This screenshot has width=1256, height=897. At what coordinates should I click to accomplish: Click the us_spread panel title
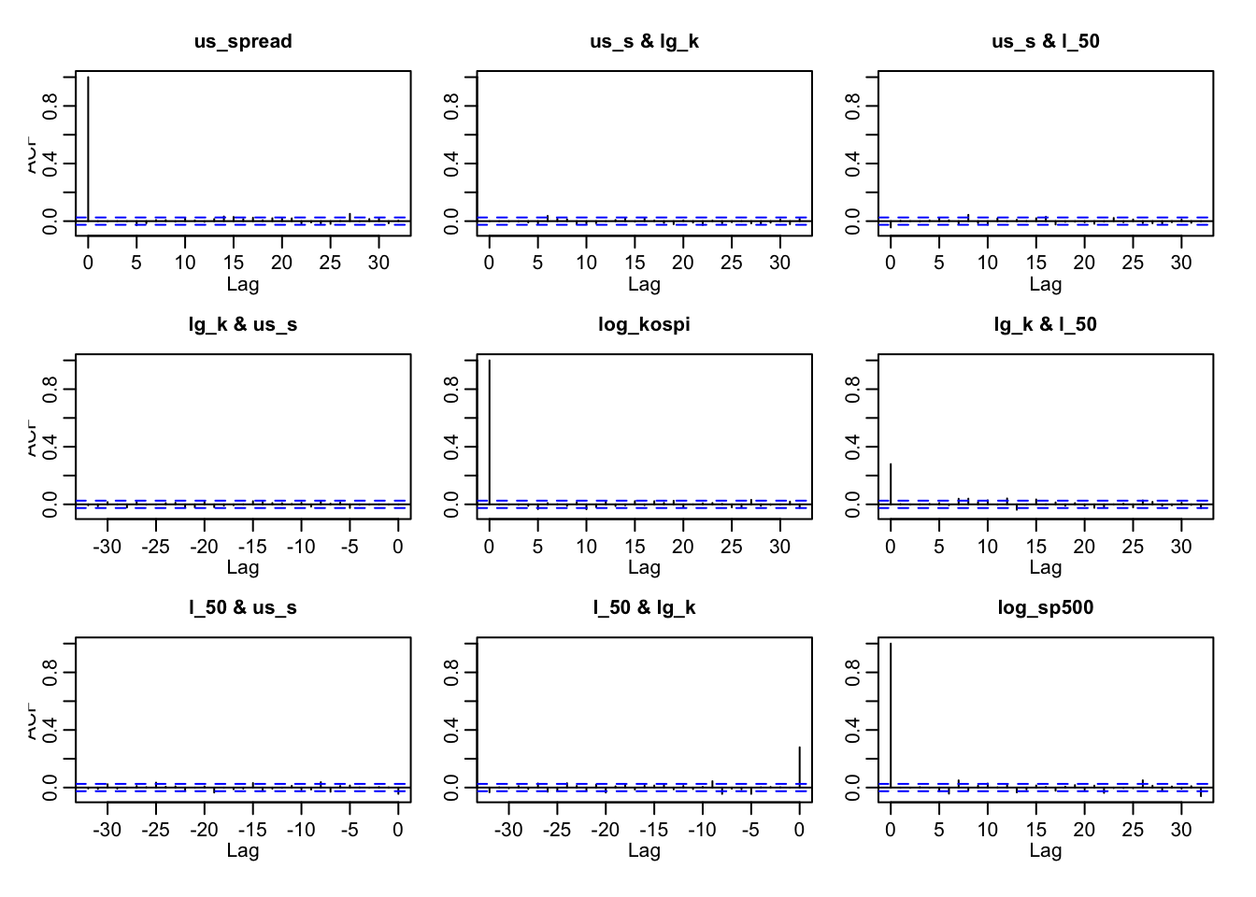243,41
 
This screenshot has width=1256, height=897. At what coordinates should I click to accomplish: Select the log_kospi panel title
644,324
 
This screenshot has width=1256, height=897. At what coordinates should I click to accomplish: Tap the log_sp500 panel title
1045,607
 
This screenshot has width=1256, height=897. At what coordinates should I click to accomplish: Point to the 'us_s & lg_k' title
644,41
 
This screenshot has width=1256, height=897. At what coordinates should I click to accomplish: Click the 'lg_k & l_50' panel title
1045,324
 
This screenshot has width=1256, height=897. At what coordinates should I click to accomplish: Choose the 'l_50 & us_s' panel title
243,607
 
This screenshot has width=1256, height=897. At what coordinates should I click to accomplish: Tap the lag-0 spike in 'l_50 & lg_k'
799,766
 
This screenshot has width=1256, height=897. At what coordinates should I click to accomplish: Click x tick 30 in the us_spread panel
378,263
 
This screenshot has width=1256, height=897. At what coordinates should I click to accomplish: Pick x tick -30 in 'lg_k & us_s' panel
107,546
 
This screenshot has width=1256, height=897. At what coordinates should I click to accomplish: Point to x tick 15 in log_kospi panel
635,546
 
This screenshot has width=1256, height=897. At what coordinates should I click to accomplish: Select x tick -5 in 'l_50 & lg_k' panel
750,829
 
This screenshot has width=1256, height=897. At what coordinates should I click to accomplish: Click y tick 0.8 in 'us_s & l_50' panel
852,106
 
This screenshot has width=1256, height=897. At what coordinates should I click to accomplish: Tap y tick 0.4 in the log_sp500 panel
852,730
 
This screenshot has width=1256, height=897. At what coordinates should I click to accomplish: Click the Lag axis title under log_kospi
644,567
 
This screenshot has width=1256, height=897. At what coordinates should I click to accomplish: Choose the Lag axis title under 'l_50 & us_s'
243,850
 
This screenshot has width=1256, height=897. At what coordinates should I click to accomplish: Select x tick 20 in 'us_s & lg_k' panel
683,263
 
